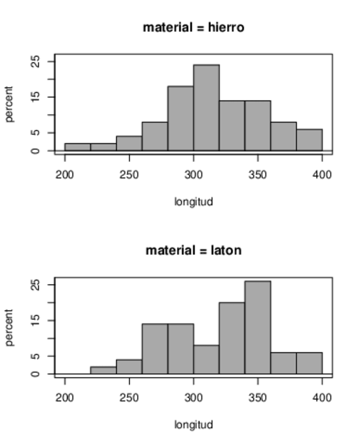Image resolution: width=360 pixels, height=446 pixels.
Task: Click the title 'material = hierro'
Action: (x=193, y=27)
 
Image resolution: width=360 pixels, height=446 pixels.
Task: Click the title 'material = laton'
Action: (x=193, y=250)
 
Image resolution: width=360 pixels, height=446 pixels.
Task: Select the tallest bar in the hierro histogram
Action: (x=206, y=108)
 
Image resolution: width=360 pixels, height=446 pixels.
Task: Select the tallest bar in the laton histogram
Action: (x=258, y=327)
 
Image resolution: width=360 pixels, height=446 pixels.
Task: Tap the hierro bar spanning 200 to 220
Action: (x=77, y=147)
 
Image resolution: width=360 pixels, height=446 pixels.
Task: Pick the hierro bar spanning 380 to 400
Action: (x=309, y=140)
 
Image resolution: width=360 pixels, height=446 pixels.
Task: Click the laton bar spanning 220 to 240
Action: (x=103, y=370)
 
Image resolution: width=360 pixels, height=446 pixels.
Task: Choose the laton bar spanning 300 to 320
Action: (x=206, y=359)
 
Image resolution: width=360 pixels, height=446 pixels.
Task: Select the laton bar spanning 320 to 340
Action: (x=232, y=338)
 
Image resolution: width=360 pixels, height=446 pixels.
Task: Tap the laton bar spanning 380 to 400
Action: (x=309, y=363)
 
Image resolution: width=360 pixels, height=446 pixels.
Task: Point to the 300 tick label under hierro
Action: (x=193, y=175)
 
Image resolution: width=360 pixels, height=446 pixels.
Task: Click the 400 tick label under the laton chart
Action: (x=322, y=398)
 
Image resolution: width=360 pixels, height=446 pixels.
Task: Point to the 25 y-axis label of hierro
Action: (x=36, y=62)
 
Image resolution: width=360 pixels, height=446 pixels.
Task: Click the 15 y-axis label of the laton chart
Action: (x=36, y=320)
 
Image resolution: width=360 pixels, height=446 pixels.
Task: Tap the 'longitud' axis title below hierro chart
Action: (x=193, y=201)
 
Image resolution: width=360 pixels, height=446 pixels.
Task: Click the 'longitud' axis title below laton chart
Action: (x=193, y=424)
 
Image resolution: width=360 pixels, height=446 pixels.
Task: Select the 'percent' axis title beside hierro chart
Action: (x=9, y=104)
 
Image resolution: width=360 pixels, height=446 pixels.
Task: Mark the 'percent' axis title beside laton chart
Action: (x=9, y=327)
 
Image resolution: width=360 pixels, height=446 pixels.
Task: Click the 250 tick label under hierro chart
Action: (x=129, y=175)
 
